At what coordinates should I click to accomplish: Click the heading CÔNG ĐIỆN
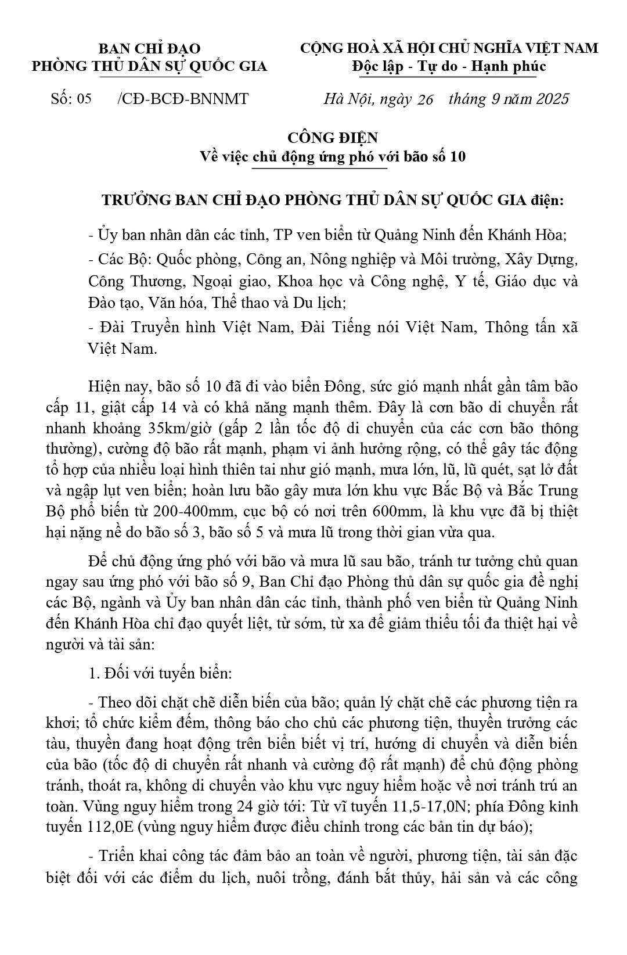[x=333, y=138]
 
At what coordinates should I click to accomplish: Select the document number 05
[x=84, y=99]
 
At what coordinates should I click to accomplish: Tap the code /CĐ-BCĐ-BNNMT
[x=183, y=99]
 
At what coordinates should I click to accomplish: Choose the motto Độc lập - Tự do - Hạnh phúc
[x=449, y=67]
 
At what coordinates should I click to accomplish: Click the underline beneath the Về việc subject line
[x=320, y=168]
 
